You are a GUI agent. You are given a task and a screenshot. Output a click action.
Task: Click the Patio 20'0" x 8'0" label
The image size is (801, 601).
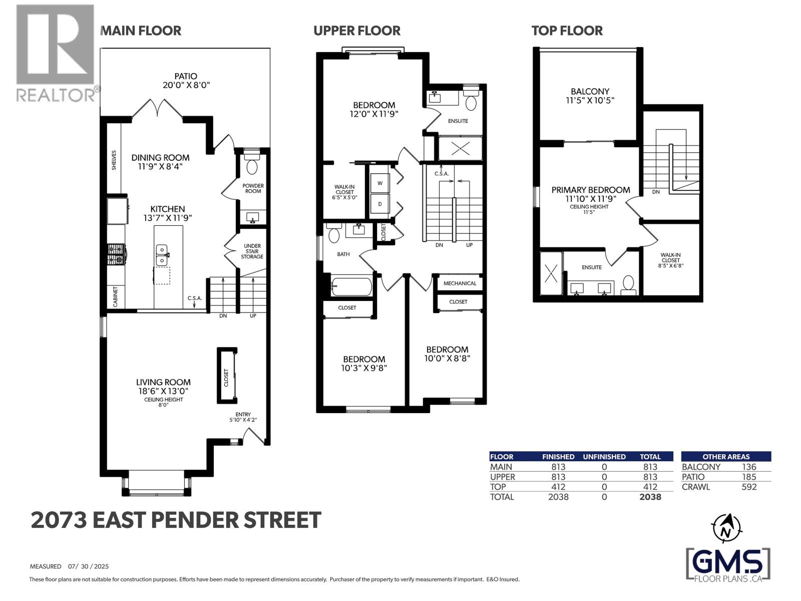click(186, 81)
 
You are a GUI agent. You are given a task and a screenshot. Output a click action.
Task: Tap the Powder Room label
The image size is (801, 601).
click(253, 188)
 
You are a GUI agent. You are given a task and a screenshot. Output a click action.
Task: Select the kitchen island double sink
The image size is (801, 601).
click(161, 255)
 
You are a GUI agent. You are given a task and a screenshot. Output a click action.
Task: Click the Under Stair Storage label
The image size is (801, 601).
click(252, 251)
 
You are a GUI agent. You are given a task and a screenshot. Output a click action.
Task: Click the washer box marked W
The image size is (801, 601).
click(380, 183)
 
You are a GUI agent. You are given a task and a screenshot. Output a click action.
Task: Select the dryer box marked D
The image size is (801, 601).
click(380, 204)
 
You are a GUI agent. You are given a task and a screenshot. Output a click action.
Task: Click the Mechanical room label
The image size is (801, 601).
click(460, 283)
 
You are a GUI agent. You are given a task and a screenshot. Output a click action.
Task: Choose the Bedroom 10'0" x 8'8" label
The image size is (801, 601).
click(447, 354)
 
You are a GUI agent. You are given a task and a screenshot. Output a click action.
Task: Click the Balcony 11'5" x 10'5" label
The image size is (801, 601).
click(590, 96)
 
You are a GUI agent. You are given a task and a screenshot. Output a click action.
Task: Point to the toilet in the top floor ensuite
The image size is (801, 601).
click(628, 284)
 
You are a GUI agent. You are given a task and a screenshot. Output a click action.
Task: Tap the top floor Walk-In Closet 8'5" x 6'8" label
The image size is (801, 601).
click(670, 260)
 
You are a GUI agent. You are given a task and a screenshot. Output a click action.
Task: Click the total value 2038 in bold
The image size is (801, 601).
click(650, 497)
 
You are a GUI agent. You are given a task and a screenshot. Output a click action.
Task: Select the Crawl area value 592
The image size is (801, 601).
click(749, 487)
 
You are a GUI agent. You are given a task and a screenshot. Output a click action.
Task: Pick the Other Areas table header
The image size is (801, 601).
click(726, 457)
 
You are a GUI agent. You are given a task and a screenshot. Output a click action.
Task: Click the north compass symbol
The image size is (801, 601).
click(726, 528)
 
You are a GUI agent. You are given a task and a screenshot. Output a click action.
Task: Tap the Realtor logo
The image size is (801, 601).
click(55, 53)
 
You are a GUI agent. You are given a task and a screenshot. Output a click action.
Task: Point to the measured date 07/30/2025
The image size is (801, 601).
click(88, 566)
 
